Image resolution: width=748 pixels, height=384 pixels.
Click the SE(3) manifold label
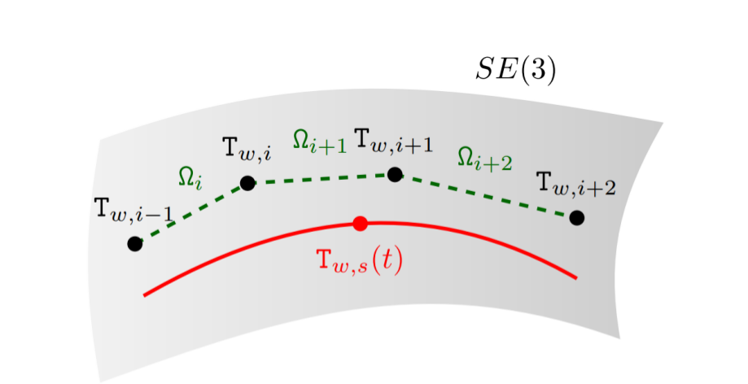[516, 71]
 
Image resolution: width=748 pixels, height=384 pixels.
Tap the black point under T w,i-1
[135, 243]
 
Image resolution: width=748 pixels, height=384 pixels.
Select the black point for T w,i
[247, 183]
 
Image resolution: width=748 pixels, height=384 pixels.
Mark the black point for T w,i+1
[395, 174]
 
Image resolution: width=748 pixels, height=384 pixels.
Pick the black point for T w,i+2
[577, 217]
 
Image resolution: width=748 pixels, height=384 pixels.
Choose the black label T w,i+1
[394, 146]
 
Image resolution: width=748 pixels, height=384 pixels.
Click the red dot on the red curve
[361, 223]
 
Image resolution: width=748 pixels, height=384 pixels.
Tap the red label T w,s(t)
[360, 260]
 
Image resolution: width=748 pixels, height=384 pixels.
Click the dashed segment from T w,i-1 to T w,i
[191, 213]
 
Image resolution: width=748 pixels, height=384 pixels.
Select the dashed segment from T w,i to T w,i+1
[322, 178]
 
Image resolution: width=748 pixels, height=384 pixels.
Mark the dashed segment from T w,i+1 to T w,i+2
[486, 196]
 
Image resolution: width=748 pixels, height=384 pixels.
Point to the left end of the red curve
[145, 295]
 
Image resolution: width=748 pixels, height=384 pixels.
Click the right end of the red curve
[576, 278]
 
